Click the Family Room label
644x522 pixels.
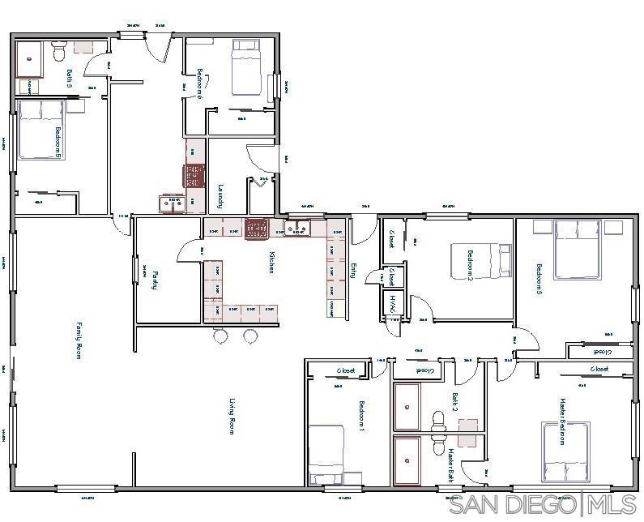coord(79,340)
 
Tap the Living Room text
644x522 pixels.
coord(232,417)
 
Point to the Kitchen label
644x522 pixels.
coord(272,263)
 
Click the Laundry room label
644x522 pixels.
coord(220,196)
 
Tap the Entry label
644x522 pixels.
coord(352,271)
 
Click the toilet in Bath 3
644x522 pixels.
coord(58,53)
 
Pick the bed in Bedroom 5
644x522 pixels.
coord(41,129)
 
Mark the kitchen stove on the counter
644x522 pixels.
coord(257,228)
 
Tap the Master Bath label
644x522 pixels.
coord(443,464)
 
